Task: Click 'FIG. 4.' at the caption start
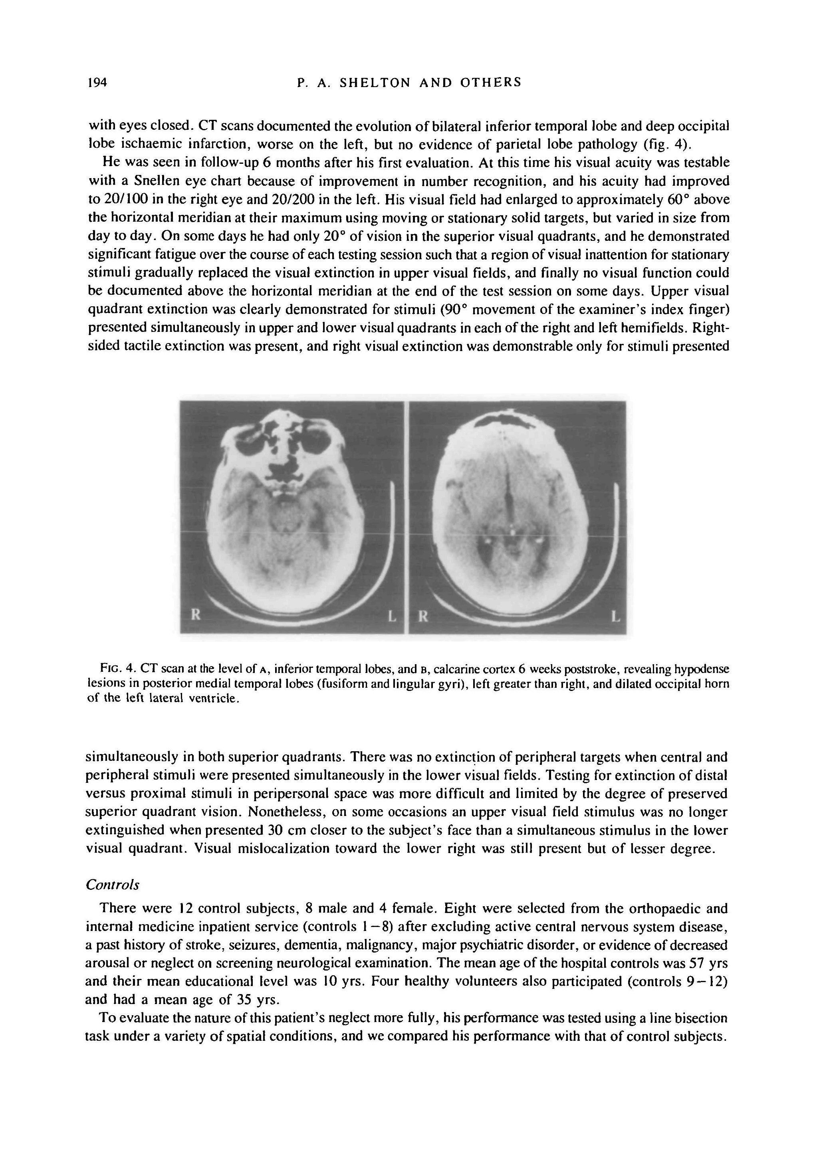click(x=118, y=668)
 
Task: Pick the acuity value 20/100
click(x=109, y=199)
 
